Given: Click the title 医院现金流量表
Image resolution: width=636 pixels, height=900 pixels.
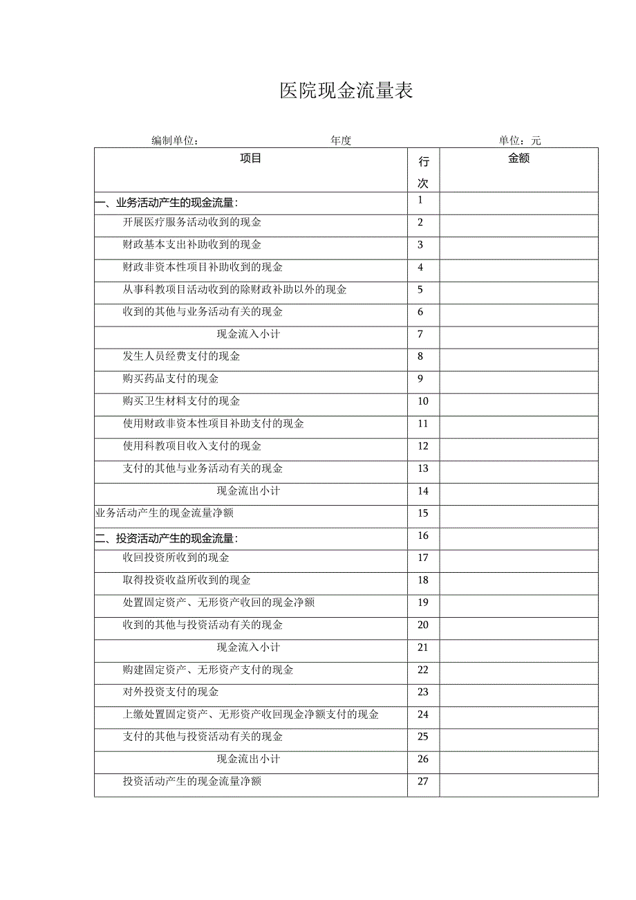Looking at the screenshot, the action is pyautogui.click(x=346, y=91).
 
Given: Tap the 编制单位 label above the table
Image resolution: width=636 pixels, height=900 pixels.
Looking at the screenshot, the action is pyautogui.click(x=175, y=140).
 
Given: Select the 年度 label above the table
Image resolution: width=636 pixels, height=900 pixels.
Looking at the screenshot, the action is pyautogui.click(x=341, y=140).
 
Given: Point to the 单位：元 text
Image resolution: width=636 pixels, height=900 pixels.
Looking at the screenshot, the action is pyautogui.click(x=520, y=140).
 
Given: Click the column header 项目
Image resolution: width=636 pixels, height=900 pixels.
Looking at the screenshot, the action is pyautogui.click(x=251, y=158).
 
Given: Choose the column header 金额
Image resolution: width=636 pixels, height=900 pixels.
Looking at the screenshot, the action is pyautogui.click(x=518, y=158).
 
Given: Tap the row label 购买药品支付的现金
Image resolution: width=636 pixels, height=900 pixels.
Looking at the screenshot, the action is pyautogui.click(x=171, y=379).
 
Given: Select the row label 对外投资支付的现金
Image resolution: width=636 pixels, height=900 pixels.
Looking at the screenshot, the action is pyautogui.click(x=171, y=692).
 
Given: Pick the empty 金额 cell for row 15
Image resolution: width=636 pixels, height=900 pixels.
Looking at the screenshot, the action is pyautogui.click(x=518, y=513).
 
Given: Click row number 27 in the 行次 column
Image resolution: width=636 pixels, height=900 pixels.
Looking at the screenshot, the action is pyautogui.click(x=423, y=782).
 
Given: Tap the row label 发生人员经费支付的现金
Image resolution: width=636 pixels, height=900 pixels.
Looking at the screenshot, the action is pyautogui.click(x=182, y=356).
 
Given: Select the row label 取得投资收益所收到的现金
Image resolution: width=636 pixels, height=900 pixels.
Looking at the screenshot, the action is pyautogui.click(x=187, y=580).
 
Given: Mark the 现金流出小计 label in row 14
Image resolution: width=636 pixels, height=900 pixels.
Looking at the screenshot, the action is pyautogui.click(x=248, y=490).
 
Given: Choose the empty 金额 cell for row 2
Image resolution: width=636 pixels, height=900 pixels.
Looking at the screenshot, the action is pyautogui.click(x=518, y=223).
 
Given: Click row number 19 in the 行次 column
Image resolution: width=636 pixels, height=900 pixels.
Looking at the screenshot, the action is pyautogui.click(x=423, y=603).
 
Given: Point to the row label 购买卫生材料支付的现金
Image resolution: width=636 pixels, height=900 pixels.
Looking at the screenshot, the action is pyautogui.click(x=182, y=401).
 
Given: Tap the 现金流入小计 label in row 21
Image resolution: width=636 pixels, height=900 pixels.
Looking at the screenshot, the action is pyautogui.click(x=248, y=647).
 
